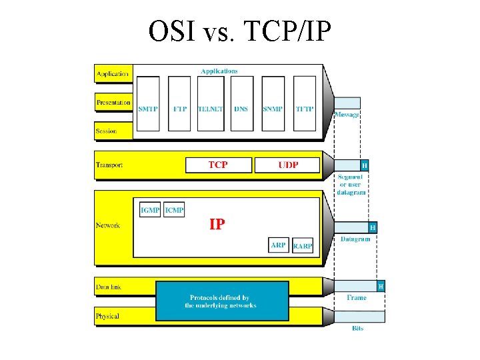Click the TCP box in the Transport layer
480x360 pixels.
(x=218, y=165)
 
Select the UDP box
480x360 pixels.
(x=288, y=165)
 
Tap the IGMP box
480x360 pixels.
(x=150, y=211)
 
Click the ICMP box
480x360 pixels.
(x=175, y=211)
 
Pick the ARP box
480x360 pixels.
(x=278, y=245)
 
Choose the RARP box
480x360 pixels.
(x=303, y=246)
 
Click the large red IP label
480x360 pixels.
(x=217, y=225)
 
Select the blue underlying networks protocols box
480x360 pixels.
(x=222, y=301)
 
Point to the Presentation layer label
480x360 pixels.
(x=113, y=103)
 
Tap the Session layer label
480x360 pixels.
(x=107, y=131)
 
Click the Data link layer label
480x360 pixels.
(x=108, y=287)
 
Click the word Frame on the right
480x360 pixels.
(x=357, y=298)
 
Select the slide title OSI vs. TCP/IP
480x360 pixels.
(x=239, y=31)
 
